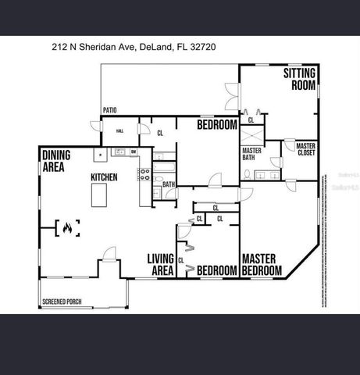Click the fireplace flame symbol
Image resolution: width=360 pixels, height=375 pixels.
tap(67, 228)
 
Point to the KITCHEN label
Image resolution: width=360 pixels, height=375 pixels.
tap(104, 177)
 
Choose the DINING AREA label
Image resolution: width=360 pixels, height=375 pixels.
tap(57, 160)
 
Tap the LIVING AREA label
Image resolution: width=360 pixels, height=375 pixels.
tap(160, 264)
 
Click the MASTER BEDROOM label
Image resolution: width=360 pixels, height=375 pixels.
tap(261, 264)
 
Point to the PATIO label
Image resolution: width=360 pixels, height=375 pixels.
tap(110, 111)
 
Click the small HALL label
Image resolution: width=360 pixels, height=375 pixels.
tap(119, 131)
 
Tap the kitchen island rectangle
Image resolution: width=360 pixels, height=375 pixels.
tap(99, 197)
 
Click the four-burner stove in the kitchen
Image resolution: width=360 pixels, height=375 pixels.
tap(144, 175)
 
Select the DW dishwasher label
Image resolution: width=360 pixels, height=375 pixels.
tap(134, 152)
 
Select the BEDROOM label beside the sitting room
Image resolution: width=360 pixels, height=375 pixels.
tap(216, 125)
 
